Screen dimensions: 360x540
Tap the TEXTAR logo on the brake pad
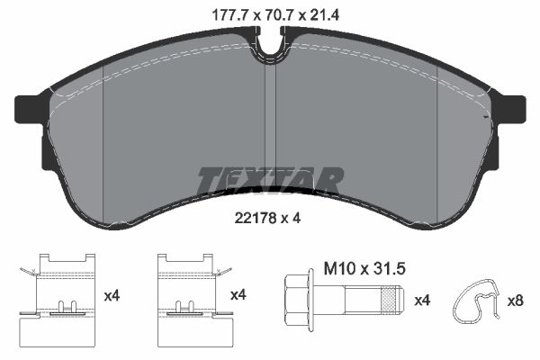pos(270,179)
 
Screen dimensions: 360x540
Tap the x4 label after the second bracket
pos(238,294)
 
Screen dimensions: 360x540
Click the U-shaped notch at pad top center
pos(270,40)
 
